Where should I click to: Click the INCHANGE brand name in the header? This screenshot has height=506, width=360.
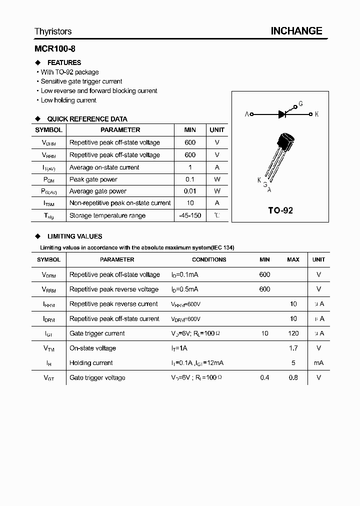[296, 31]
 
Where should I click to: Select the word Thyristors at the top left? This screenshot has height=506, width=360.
[53, 31]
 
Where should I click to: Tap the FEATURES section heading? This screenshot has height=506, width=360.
[64, 62]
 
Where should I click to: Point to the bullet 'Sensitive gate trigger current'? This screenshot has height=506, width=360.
[81, 81]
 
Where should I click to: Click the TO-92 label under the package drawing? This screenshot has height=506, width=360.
[280, 210]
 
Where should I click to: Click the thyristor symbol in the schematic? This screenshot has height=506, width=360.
[282, 114]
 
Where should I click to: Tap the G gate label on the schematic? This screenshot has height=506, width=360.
[300, 104]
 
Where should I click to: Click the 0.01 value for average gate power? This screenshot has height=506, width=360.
[190, 191]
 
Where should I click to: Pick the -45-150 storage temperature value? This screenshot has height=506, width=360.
[190, 215]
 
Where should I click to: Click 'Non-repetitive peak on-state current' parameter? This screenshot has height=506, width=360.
[120, 203]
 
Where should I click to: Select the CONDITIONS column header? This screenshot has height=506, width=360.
[209, 259]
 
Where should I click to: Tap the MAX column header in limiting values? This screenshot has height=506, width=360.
[293, 259]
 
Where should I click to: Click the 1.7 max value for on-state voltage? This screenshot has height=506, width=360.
[293, 348]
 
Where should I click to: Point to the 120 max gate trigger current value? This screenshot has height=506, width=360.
[293, 333]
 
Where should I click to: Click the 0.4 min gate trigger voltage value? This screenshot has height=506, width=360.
[264, 377]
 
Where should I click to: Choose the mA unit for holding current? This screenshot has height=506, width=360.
[318, 363]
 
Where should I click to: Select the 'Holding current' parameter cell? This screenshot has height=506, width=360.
[91, 363]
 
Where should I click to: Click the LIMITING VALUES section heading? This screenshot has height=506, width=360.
[74, 236]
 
